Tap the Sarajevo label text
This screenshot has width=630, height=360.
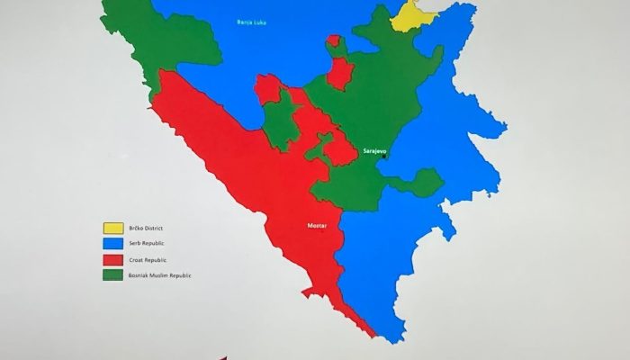pos(374,151)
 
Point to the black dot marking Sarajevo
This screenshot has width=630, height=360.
pos(384,157)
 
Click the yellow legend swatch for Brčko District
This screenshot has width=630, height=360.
pos(114,229)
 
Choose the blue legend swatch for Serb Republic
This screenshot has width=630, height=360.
pos(114,244)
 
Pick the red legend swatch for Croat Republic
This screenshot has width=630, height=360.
pos(114,259)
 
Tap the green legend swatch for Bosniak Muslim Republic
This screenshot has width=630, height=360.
pos(114,274)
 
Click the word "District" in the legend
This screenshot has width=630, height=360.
pos(159,229)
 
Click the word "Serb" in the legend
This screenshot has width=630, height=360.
pos(138,244)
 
